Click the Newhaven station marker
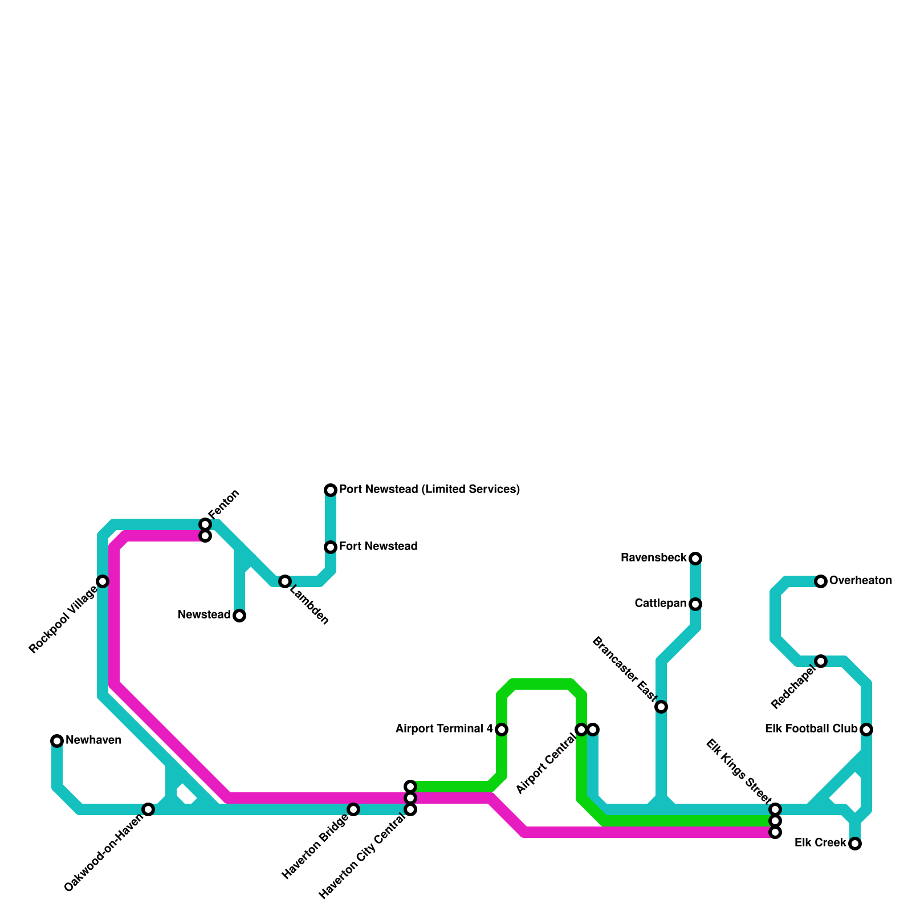click(x=57, y=741)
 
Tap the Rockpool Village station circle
click(x=103, y=581)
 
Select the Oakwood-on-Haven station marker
click(x=148, y=809)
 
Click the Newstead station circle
click(x=239, y=616)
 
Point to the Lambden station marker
click(x=285, y=581)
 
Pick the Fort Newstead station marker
click(x=331, y=547)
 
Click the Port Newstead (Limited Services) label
click(x=429, y=490)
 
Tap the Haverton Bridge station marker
click(x=353, y=809)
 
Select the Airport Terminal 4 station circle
click(x=502, y=730)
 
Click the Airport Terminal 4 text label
click(x=444, y=729)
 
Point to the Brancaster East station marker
click(x=661, y=707)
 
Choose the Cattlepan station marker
click(x=695, y=604)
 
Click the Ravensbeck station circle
click(x=695, y=559)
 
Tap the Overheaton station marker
click(x=821, y=581)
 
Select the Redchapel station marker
click(x=821, y=661)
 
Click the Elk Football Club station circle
click(x=866, y=730)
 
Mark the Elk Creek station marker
click(x=855, y=844)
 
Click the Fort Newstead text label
click(x=378, y=547)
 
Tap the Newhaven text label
click(x=93, y=740)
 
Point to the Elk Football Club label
click(x=811, y=729)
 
